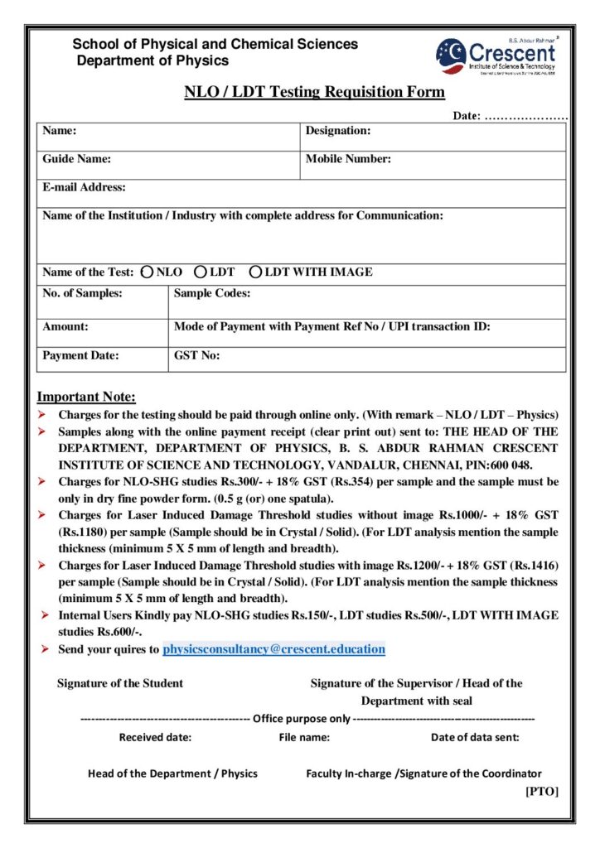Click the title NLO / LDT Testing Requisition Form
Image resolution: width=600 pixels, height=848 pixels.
[314, 92]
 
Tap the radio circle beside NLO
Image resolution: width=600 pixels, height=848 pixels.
[147, 272]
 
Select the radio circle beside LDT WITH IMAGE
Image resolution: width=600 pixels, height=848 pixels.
[256, 272]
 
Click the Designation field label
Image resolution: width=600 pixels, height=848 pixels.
[338, 131]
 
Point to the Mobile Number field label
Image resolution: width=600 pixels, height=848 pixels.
[348, 159]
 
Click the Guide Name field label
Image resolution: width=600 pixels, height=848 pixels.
[77, 159]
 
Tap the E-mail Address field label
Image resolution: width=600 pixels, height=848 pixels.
[85, 187]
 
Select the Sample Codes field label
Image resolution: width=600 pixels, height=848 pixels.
[212, 293]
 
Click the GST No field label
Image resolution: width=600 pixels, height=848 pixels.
[196, 355]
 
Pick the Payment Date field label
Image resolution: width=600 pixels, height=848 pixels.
[81, 355]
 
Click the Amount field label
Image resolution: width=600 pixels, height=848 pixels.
[65, 327]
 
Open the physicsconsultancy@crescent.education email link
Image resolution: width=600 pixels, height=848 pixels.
[273, 649]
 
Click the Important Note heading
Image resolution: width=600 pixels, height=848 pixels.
[86, 397]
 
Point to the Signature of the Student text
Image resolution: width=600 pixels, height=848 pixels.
[120, 683]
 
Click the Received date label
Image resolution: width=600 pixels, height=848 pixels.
[155, 737]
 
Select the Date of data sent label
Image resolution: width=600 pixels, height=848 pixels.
[475, 737]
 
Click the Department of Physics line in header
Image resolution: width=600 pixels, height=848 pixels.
[152, 61]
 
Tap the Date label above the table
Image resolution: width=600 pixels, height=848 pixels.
[466, 116]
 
